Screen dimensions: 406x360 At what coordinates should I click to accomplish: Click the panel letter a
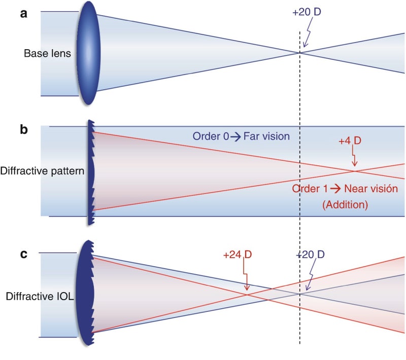[23, 14]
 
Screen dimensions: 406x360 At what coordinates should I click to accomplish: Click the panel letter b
[24, 129]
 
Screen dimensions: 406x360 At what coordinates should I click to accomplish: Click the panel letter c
[23, 254]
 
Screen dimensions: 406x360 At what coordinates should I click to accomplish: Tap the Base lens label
[47, 53]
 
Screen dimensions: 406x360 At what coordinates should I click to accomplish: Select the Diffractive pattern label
[42, 171]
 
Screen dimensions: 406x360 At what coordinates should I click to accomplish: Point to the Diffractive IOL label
[40, 297]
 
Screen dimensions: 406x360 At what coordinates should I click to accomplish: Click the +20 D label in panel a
[307, 12]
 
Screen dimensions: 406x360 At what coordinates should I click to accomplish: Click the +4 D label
[350, 140]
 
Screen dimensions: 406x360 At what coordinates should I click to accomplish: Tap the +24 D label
[238, 255]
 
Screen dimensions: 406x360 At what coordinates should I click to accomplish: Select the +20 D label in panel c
[310, 255]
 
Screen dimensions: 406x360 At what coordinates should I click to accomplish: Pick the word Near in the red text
[356, 189]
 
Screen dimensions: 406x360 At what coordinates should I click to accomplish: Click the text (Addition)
[345, 204]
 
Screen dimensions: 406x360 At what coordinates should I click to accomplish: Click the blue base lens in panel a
[88, 53]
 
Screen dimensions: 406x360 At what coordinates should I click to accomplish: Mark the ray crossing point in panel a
[300, 53]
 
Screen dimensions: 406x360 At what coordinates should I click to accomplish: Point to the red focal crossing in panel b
[355, 171]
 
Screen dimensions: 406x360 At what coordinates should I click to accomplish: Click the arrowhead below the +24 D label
[247, 287]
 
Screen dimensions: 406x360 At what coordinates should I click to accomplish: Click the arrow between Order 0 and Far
[235, 136]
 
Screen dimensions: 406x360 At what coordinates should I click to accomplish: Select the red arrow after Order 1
[336, 189]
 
